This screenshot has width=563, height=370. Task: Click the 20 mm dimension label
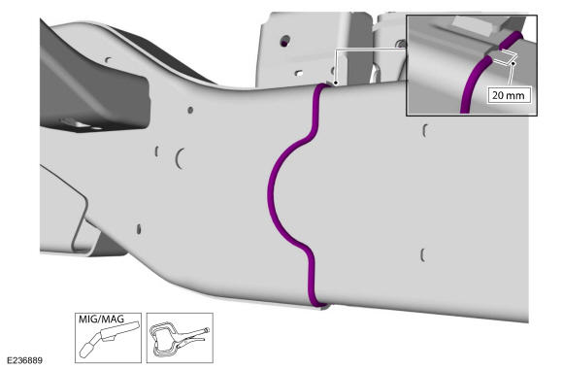point(508,95)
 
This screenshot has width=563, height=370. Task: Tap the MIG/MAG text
point(101,319)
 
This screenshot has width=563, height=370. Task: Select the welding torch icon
point(108,340)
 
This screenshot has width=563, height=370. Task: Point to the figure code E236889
point(24,360)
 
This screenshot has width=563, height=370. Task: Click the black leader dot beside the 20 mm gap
point(513,63)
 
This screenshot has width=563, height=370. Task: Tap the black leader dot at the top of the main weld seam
point(335,83)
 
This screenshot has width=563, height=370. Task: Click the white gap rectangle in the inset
point(505,57)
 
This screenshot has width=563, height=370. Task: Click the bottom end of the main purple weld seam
point(316,305)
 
